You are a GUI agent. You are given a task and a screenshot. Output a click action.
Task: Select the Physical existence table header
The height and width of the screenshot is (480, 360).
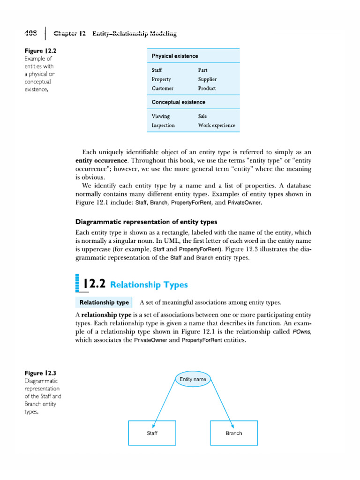[x=174, y=56]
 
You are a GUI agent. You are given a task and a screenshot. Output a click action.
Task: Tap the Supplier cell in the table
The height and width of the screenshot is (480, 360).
[x=207, y=79]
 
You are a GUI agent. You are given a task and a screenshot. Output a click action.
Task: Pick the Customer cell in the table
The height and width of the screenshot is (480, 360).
[x=162, y=88]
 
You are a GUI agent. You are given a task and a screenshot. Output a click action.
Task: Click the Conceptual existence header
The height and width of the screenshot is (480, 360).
[x=178, y=102]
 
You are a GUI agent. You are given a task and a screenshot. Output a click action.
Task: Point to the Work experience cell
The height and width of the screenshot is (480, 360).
[x=217, y=125]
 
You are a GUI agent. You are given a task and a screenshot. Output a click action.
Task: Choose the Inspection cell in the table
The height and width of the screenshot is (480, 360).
[x=163, y=125]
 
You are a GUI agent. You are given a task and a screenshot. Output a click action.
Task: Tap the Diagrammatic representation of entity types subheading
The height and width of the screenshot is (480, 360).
[x=146, y=222]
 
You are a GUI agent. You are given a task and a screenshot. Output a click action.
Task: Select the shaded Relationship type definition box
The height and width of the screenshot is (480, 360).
[x=104, y=302]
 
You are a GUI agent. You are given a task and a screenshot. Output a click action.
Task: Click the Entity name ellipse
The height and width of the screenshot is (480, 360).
[x=193, y=379]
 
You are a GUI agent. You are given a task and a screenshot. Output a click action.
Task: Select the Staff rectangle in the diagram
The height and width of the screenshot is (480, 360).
[x=152, y=433]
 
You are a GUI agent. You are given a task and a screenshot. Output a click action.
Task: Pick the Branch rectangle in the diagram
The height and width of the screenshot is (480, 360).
[x=233, y=433]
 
